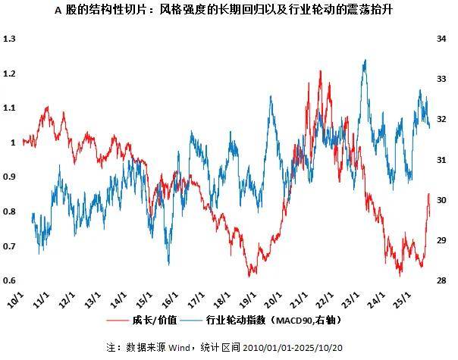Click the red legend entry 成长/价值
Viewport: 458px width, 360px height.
[161, 321]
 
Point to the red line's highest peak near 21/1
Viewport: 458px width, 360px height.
[320, 71]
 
